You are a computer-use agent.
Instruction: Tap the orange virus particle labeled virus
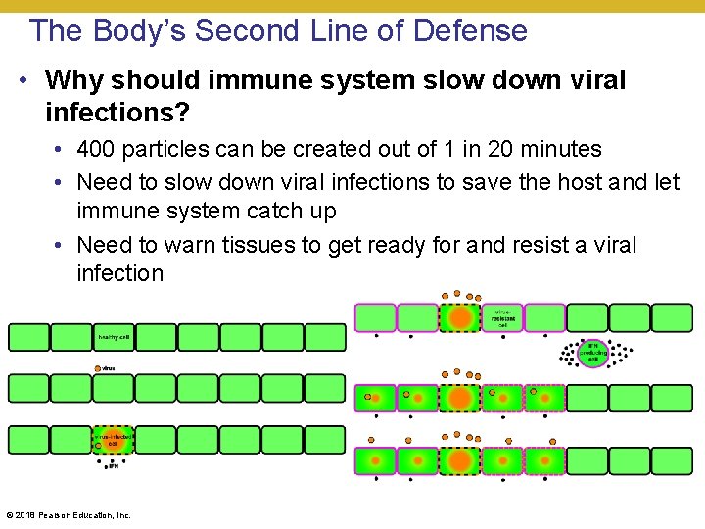pyautogui.click(x=97, y=368)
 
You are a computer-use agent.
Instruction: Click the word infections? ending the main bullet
pyautogui.click(x=117, y=112)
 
